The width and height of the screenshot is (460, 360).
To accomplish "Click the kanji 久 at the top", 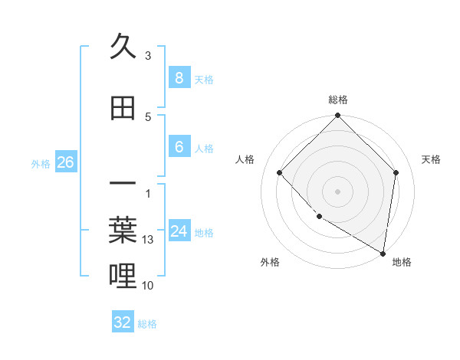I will (x=123, y=47).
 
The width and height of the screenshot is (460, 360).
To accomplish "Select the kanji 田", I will (x=123, y=109).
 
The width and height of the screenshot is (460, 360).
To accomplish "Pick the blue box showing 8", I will (x=179, y=78).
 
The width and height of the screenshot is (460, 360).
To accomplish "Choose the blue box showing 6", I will (x=179, y=148).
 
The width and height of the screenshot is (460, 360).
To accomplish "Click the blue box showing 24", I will (x=179, y=231).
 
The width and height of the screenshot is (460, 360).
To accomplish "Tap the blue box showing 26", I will (x=65, y=162).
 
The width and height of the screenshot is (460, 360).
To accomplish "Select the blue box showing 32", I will (x=123, y=322).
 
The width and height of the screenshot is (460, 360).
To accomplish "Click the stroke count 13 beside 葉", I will (x=148, y=240).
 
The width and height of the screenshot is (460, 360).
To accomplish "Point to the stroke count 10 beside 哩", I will (x=148, y=285).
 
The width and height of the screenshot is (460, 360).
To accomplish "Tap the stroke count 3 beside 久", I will (x=148, y=56).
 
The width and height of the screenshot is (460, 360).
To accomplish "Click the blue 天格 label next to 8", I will (x=204, y=79).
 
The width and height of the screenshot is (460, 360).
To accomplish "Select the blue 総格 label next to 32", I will (x=147, y=324).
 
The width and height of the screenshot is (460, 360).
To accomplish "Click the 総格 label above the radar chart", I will (x=337, y=100).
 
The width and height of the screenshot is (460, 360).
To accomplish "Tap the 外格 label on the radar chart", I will (x=270, y=262).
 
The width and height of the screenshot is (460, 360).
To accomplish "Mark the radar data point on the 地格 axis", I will (x=383, y=254).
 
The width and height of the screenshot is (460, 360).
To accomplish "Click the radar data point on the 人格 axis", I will (x=280, y=172).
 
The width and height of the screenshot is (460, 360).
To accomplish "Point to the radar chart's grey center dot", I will (x=337, y=191).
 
